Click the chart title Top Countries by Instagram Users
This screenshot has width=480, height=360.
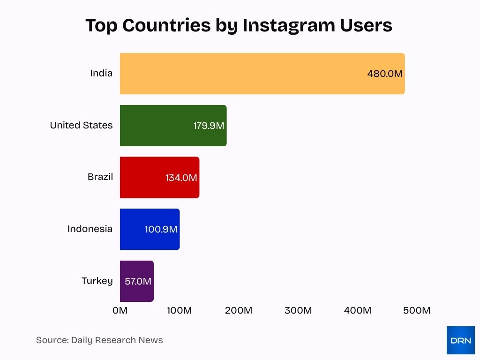[239, 25]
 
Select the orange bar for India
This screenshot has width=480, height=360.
[244, 74]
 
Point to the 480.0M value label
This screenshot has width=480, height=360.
[385, 74]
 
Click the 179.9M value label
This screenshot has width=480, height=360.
[209, 126]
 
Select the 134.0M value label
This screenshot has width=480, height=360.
[181, 178]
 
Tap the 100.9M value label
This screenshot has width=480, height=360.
[161, 230]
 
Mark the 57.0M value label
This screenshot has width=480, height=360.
[138, 282]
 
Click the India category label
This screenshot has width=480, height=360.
[101, 74]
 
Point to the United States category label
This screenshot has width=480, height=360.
[81, 126]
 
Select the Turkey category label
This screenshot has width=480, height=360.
[97, 281]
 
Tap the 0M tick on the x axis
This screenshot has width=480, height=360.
[120, 310]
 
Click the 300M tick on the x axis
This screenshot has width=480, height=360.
[298, 310]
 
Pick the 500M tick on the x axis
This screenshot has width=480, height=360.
[417, 310]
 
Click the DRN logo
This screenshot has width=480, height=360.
[460, 340]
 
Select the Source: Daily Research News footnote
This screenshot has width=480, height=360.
[99, 340]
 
